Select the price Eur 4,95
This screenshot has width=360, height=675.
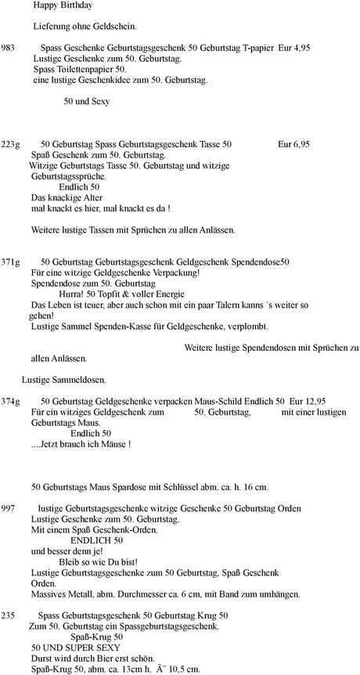coord(293,48)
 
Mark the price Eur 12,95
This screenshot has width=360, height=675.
coord(307,400)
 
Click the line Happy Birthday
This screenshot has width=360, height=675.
coord(63,5)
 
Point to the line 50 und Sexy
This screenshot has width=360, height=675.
coord(87,101)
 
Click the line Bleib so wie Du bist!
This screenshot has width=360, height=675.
coord(99,561)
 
